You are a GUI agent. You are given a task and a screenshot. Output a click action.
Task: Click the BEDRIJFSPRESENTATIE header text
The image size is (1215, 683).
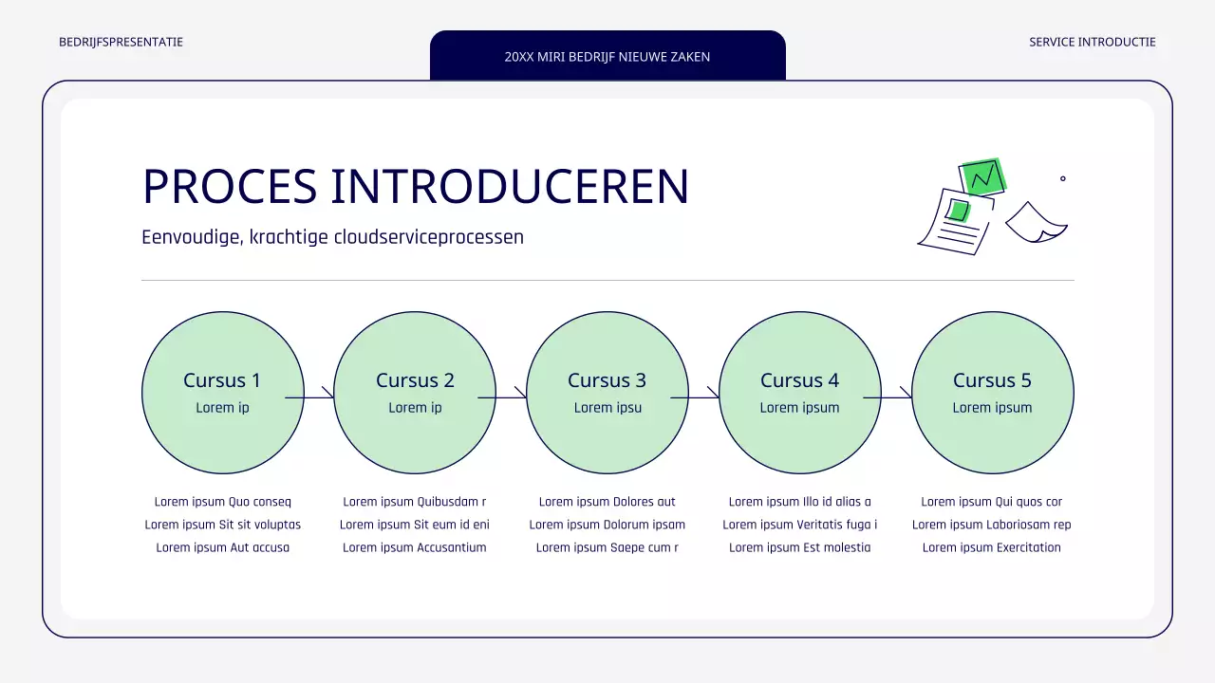tap(121, 42)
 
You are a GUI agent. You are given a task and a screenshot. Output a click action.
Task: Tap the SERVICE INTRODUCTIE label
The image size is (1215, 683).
tap(1092, 42)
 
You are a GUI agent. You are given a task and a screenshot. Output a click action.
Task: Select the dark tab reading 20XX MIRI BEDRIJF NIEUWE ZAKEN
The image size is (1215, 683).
tap(607, 56)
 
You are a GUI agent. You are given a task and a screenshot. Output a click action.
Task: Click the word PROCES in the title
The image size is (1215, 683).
tap(229, 187)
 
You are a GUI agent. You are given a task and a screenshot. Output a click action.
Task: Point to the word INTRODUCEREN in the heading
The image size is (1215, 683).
tap(509, 187)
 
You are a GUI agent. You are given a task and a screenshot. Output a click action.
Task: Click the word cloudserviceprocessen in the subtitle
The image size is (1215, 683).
tap(428, 237)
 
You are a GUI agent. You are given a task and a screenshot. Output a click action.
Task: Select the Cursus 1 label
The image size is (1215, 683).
tap(222, 380)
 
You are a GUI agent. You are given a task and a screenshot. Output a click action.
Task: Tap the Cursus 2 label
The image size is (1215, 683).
tap(415, 380)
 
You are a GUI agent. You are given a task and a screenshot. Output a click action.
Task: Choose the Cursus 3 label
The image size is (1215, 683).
tap(607, 380)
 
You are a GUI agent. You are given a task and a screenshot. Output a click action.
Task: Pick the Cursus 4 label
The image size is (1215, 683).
tap(799, 380)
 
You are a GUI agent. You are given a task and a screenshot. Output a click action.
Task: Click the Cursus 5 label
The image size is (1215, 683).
tap(992, 380)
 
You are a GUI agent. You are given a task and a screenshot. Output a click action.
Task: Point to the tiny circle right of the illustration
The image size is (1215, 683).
tap(1062, 178)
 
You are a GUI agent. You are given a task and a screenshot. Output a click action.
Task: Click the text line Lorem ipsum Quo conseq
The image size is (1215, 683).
tap(223, 502)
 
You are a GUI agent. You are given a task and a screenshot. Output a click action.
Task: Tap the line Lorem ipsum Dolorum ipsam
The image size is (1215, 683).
tap(607, 525)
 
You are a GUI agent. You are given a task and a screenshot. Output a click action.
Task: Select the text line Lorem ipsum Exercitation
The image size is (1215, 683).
tap(992, 547)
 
